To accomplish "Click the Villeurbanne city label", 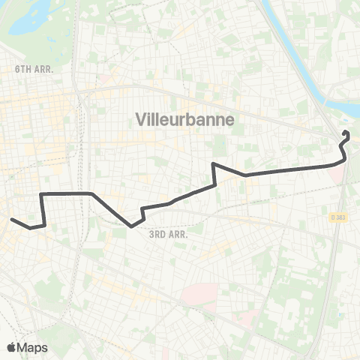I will point(184,119).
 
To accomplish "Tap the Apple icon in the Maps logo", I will point(11,347).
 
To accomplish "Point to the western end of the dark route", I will point(11,219).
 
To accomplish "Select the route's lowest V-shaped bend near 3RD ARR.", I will point(131,224).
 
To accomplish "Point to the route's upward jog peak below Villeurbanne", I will point(214,164).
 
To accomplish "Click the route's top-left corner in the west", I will point(41,194).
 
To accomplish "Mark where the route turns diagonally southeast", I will point(92,194).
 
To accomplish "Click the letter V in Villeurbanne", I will point(139,119).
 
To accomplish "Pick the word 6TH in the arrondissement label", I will point(23,68).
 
